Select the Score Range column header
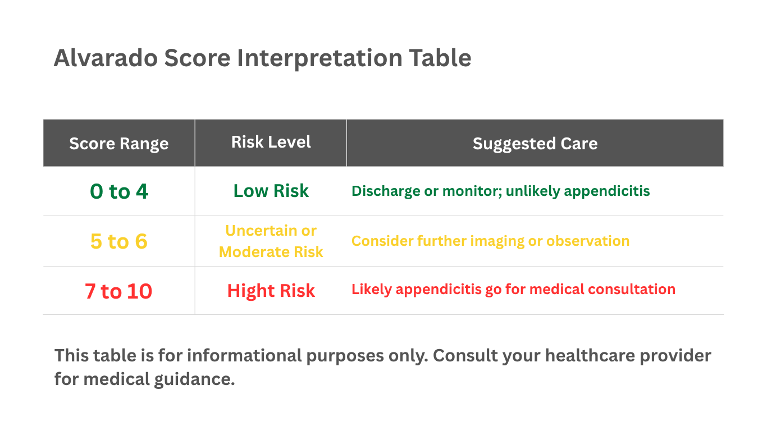(118, 144)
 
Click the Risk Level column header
(271, 142)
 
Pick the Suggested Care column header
(535, 144)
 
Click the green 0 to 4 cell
(118, 191)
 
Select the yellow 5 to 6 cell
(118, 241)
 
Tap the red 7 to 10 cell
(118, 291)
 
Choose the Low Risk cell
(271, 191)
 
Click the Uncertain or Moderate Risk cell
(271, 241)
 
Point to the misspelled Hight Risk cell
(271, 291)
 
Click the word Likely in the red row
(371, 290)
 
